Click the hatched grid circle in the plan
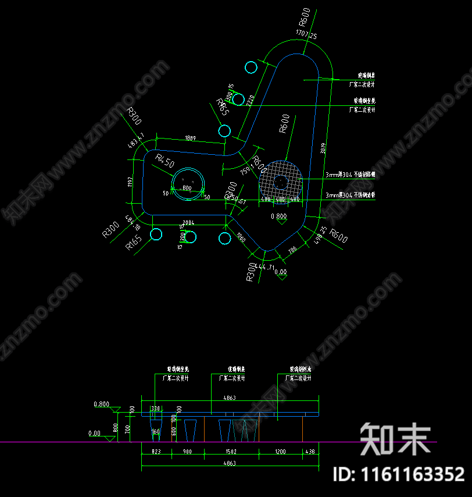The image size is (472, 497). point(281,182)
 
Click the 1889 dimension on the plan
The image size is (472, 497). point(190,139)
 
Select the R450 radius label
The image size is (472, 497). point(165,161)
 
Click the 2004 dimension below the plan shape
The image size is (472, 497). point(188,222)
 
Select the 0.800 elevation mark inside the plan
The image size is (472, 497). point(279,216)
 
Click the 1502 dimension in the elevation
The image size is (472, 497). point(231,452)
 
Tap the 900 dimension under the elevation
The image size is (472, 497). point(187,452)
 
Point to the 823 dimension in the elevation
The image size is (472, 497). point(155,452)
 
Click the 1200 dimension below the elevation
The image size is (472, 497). point(280,452)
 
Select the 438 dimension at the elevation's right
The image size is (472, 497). point(310,452)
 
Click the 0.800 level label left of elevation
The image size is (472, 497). point(101,404)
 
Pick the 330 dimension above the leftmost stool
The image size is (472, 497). point(155,409)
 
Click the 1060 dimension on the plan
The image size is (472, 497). point(241,238)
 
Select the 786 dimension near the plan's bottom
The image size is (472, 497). point(292,250)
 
